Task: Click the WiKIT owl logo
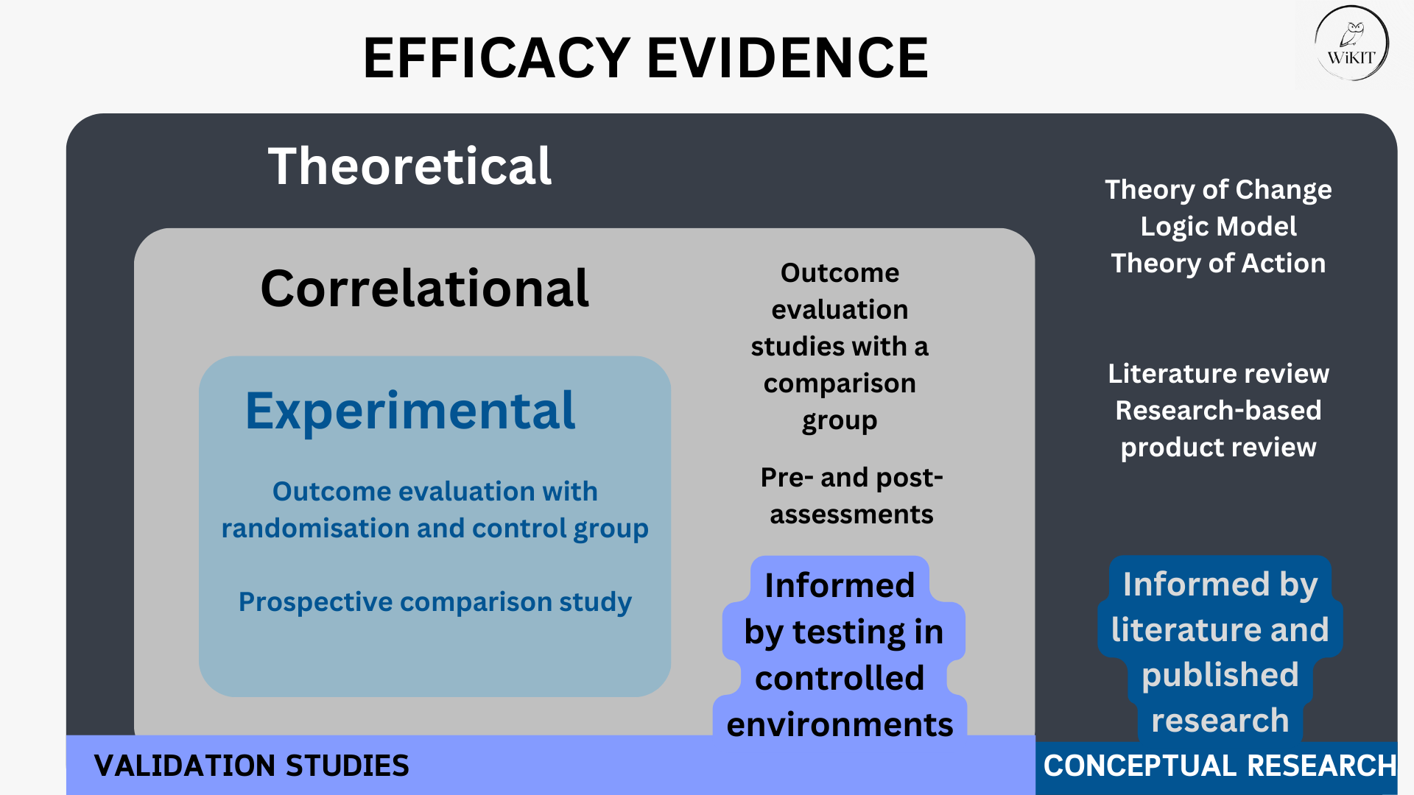click(x=1351, y=43)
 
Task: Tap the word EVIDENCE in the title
click(x=787, y=58)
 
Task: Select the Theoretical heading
click(x=409, y=166)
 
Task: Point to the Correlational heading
click(x=425, y=288)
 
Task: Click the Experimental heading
click(x=409, y=411)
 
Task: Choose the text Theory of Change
click(x=1218, y=190)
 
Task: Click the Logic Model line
click(x=1218, y=227)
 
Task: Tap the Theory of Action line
click(x=1218, y=264)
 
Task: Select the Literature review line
click(x=1218, y=374)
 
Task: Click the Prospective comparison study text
click(x=435, y=602)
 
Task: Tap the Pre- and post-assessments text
click(x=851, y=496)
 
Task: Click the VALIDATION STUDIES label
click(x=251, y=766)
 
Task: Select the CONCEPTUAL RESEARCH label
click(x=1220, y=766)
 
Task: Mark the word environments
click(x=840, y=725)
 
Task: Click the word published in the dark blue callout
click(x=1220, y=676)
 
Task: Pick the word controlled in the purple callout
click(x=840, y=678)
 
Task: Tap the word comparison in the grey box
click(x=840, y=384)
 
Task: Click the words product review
click(x=1218, y=448)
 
